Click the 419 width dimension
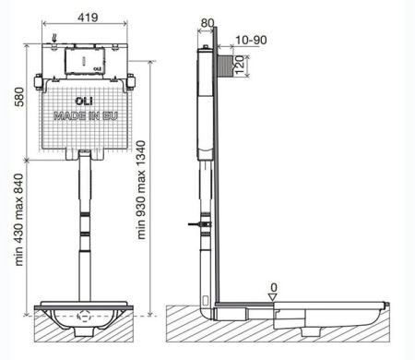pos(88,18)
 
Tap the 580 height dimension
pos(19,97)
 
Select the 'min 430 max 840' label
pos(19,220)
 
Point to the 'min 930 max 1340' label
pos(141,190)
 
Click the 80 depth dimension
pos(207,23)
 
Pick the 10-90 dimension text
pos(251,40)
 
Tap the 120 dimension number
pos(240,65)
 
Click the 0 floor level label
pos(274,288)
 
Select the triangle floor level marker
pos(273,297)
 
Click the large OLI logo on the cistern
pos(84,101)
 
